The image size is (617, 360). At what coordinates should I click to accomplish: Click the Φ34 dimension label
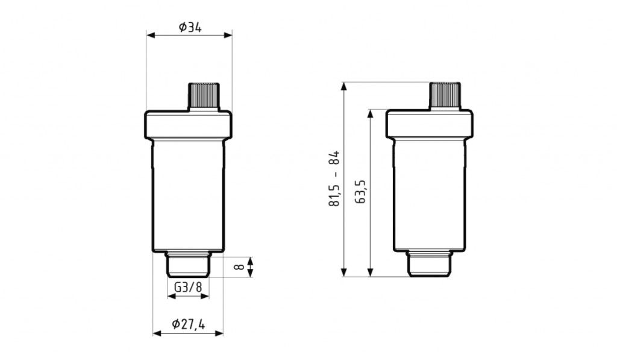(190, 28)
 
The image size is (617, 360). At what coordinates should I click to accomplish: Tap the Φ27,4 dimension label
(189, 324)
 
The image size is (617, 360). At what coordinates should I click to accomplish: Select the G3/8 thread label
(188, 287)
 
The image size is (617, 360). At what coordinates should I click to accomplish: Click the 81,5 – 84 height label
(334, 178)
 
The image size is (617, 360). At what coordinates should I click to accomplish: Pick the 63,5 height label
(360, 192)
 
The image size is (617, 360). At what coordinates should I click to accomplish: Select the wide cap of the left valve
(188, 124)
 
